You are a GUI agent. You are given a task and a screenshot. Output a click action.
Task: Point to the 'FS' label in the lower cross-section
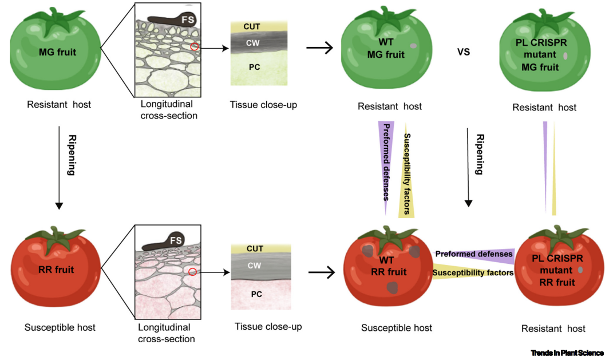176,240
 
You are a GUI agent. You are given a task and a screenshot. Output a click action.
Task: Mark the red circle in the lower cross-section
193,271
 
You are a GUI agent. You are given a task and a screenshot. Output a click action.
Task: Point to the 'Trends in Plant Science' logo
567,353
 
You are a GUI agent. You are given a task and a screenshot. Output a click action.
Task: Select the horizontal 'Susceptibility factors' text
473,273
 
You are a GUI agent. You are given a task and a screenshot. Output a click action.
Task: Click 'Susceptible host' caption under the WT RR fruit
397,328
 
